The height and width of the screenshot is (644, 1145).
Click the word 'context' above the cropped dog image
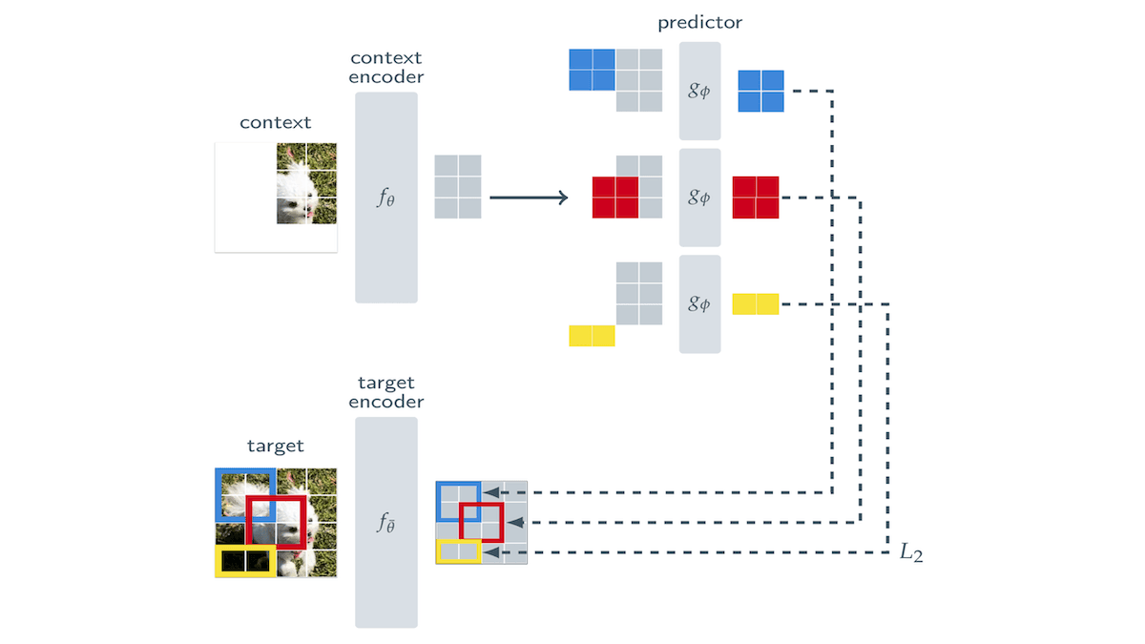pyautogui.click(x=275, y=122)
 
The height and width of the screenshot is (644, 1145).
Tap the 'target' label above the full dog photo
pyautogui.click(x=275, y=446)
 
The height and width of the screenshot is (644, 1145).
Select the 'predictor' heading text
pyautogui.click(x=699, y=21)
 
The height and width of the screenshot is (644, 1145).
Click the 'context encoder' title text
pyautogui.click(x=385, y=68)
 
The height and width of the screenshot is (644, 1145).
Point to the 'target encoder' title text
pyautogui.click(x=385, y=392)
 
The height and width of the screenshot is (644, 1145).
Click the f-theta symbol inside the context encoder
pyautogui.click(x=385, y=198)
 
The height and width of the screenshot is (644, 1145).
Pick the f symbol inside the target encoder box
pyautogui.click(x=385, y=523)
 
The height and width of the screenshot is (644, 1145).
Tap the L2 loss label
pyautogui.click(x=911, y=553)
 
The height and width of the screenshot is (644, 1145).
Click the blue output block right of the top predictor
pyautogui.click(x=760, y=92)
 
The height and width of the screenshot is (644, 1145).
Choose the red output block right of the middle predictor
pyautogui.click(x=756, y=197)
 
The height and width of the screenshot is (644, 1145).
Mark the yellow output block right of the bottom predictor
pyautogui.click(x=756, y=304)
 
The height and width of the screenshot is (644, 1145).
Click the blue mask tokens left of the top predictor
pyautogui.click(x=592, y=70)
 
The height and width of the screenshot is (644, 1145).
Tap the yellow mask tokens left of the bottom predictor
pyautogui.click(x=592, y=336)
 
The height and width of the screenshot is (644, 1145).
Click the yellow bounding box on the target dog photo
pyautogui.click(x=245, y=562)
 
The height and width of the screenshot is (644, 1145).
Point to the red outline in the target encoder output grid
pyautogui.click(x=481, y=522)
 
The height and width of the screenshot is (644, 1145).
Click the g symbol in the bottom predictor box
pyautogui.click(x=699, y=304)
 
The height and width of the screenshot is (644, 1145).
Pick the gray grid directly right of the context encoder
pyautogui.click(x=458, y=187)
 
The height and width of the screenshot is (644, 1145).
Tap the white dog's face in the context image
pyautogui.click(x=296, y=186)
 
